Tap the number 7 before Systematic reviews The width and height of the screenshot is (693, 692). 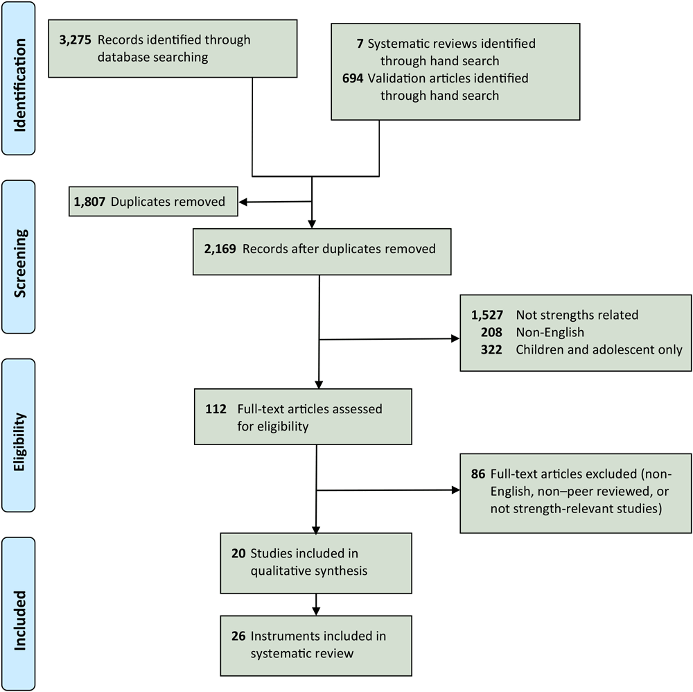click(358, 44)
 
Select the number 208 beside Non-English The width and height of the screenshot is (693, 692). click(493, 332)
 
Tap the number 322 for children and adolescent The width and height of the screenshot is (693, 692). click(493, 350)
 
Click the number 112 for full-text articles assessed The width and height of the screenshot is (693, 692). click(216, 409)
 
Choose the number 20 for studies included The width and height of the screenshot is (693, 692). click(238, 555)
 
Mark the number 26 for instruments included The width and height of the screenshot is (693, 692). click(238, 636)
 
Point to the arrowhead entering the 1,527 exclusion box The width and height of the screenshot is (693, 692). click(455, 340)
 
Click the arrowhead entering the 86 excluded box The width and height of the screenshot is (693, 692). click(455, 491)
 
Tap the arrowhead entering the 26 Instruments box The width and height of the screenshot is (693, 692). click(316, 609)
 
